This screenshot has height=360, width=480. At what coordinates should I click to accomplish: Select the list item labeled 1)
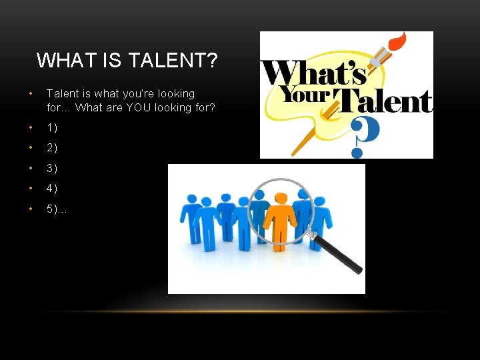(52, 127)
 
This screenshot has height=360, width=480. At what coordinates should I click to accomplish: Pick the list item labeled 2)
(52, 148)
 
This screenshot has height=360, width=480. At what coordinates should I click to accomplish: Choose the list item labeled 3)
(52, 169)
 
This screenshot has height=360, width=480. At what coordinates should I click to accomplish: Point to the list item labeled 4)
(52, 189)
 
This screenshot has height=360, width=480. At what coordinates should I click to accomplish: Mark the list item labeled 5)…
(57, 209)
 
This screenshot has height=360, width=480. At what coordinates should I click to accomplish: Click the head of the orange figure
(281, 199)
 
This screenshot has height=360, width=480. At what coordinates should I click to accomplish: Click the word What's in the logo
(306, 72)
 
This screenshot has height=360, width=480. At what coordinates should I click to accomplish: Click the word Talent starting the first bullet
(61, 94)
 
